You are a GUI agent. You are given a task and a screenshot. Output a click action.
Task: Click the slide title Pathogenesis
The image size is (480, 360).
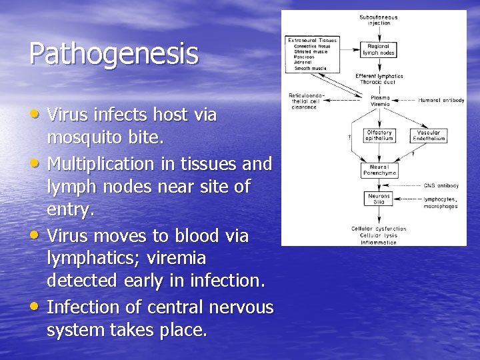click(x=114, y=54)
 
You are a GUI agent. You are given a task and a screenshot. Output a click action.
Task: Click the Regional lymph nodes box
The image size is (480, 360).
click(x=379, y=50)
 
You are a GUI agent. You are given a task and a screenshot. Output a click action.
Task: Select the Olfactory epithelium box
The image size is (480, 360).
click(x=379, y=135)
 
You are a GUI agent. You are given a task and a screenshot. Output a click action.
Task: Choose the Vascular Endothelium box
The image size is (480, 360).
click(x=428, y=135)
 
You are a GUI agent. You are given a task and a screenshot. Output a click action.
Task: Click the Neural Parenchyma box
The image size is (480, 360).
click(x=379, y=169)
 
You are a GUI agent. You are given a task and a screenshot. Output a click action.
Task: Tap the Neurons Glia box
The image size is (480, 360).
click(x=379, y=199)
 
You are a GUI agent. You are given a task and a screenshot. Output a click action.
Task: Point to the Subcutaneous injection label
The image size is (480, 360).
click(x=379, y=20)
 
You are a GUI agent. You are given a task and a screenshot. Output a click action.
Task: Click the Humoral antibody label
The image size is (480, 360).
click(x=441, y=101)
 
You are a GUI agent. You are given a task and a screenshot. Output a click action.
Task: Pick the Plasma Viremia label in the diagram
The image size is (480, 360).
click(x=380, y=101)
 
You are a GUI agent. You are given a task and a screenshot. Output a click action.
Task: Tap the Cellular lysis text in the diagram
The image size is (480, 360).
click(x=379, y=235)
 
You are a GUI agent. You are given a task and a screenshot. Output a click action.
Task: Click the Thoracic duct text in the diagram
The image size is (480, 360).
click(x=379, y=81)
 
